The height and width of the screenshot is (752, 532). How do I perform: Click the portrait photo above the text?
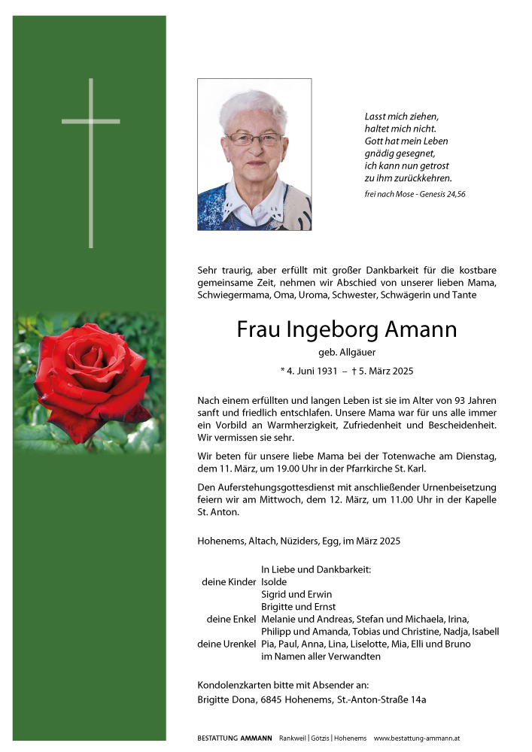pos(254,154)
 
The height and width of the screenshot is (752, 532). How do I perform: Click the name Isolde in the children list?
pos(274,581)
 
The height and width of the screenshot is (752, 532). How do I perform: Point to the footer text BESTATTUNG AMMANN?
pos(235,738)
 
